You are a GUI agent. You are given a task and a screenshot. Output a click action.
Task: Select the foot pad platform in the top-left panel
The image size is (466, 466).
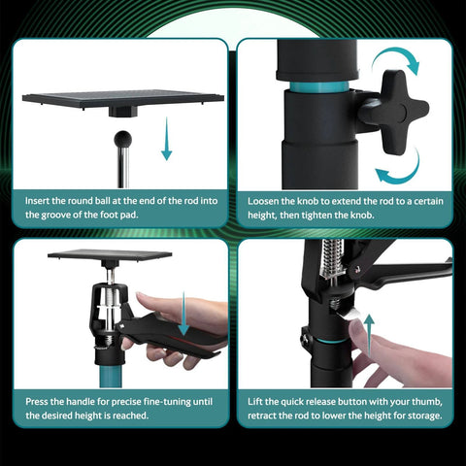point(122,99)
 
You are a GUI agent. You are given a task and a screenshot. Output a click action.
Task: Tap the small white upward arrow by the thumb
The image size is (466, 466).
point(369,324)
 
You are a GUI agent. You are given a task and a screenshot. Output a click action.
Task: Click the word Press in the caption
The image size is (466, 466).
point(40,399)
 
